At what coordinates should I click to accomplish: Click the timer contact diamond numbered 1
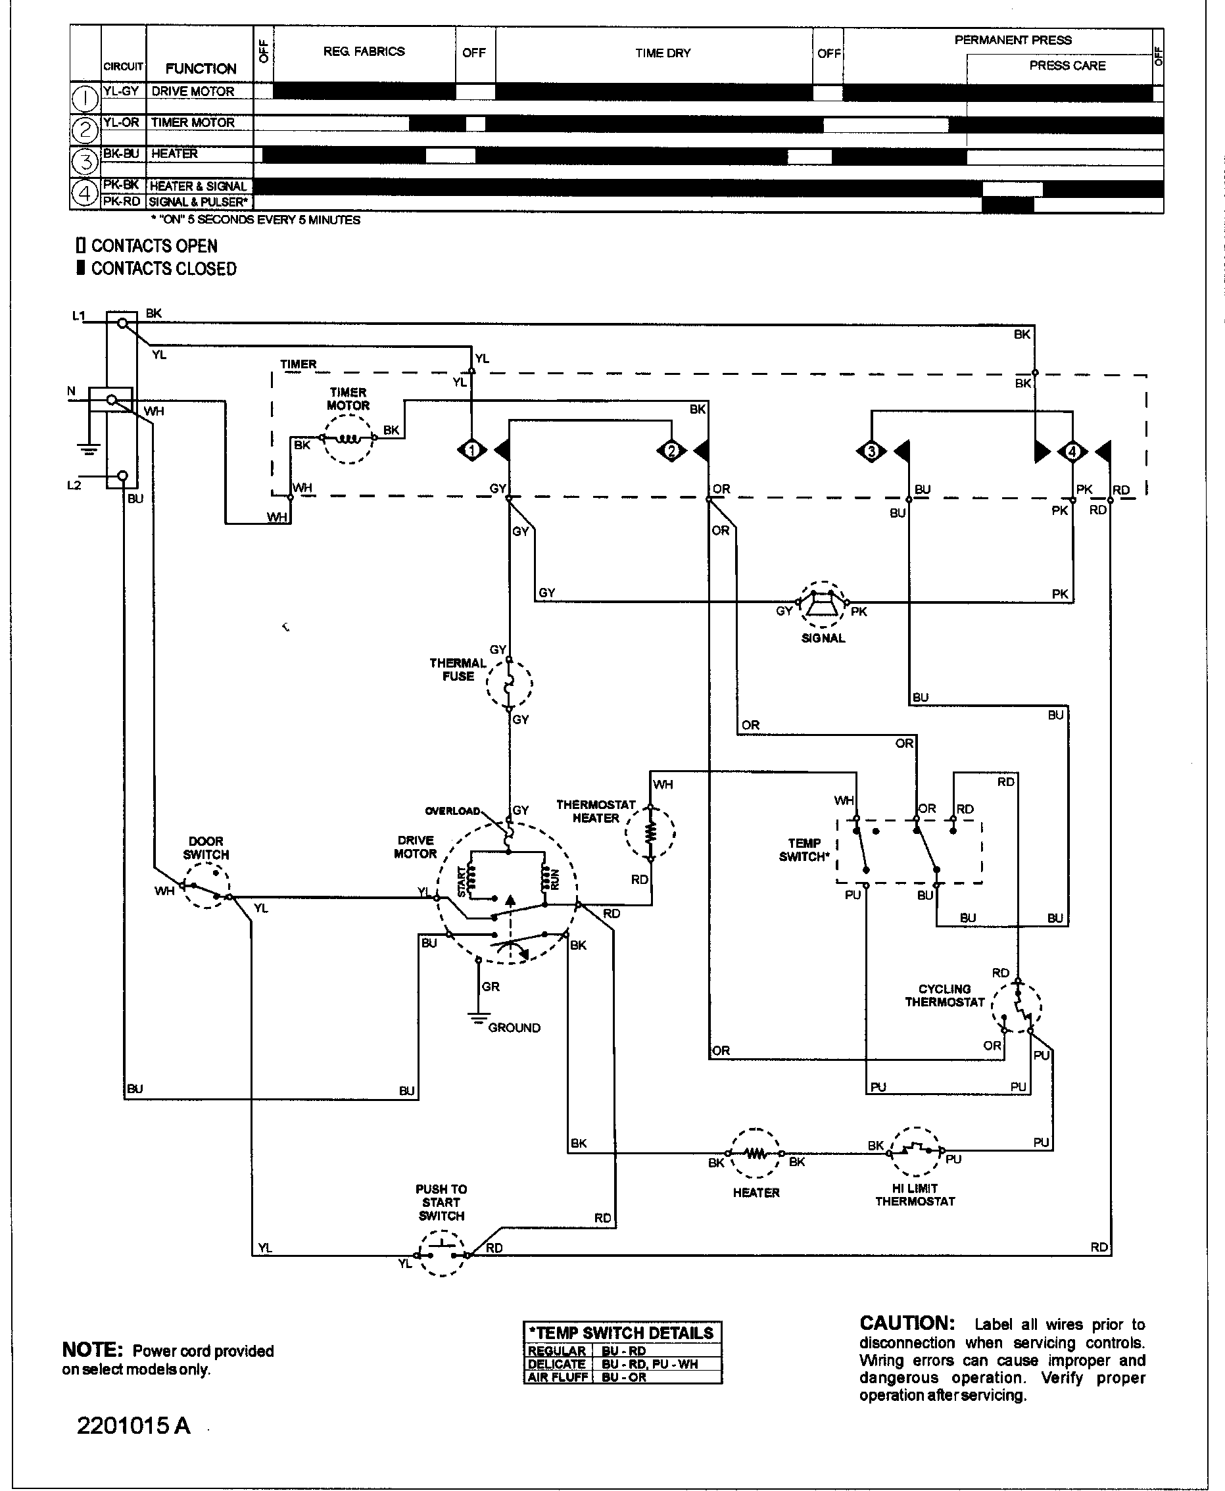472,450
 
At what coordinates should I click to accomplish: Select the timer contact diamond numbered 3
871,451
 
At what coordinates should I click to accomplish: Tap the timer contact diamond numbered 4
1072,451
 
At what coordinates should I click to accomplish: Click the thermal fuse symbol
509,683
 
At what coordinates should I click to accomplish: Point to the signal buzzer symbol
823,603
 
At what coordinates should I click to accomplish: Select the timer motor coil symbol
348,438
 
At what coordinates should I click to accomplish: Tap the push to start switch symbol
443,1253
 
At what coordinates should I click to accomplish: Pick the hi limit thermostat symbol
915,1151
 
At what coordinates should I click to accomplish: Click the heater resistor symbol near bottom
755,1154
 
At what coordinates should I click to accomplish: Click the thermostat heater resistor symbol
650,833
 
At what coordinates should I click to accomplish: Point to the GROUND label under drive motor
514,1028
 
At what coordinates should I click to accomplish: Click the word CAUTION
907,1323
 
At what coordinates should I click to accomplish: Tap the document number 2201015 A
133,1425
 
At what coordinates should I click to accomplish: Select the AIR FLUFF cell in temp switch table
558,1377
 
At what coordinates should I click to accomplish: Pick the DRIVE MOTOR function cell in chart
193,91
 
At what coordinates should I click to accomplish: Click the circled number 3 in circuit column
85,162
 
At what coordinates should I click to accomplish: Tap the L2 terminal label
74,485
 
